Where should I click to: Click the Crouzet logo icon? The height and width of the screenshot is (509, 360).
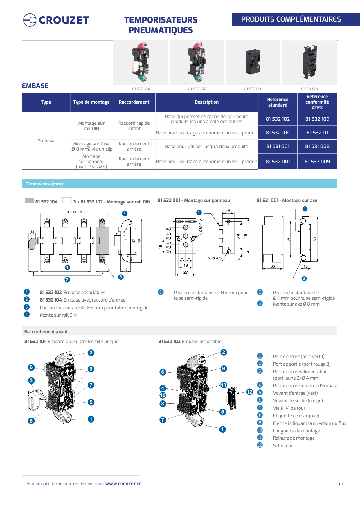pyautogui.click(x=30, y=20)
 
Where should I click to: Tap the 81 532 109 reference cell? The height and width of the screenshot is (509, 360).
pyautogui.click(x=317, y=119)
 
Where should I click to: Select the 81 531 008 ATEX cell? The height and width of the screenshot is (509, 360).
pyautogui.click(x=317, y=146)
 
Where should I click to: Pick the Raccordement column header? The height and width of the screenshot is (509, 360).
pyautogui.click(x=134, y=102)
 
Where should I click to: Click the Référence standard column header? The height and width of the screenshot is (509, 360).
pyautogui.click(x=278, y=102)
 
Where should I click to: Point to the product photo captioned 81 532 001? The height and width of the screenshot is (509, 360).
pyautogui.click(x=253, y=62)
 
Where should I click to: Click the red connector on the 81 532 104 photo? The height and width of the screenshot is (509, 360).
pyautogui.click(x=142, y=46)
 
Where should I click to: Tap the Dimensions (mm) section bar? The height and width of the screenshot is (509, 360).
pyautogui.click(x=179, y=184)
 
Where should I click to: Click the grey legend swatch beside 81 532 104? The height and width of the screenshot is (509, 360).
pyautogui.click(x=29, y=201)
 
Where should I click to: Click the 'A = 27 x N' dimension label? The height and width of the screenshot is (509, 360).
pyautogui.click(x=75, y=212)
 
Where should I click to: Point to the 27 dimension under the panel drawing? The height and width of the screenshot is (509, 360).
pyautogui.click(x=186, y=272)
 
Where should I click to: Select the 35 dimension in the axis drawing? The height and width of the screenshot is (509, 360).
pyautogui.click(x=273, y=266)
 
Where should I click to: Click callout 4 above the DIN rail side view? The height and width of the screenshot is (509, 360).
pyautogui.click(x=125, y=214)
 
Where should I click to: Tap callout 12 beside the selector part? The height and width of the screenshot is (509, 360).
pyautogui.click(x=250, y=392)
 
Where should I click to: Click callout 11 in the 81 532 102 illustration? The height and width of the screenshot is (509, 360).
pyautogui.click(x=224, y=385)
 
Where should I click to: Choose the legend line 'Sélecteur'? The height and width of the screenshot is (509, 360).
pyautogui.click(x=282, y=445)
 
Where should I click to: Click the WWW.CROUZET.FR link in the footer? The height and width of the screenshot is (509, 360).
pyautogui.click(x=123, y=484)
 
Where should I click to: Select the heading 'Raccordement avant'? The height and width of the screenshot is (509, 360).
pyautogui.click(x=46, y=331)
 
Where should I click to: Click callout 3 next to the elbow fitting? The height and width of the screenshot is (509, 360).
pyautogui.click(x=31, y=380)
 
